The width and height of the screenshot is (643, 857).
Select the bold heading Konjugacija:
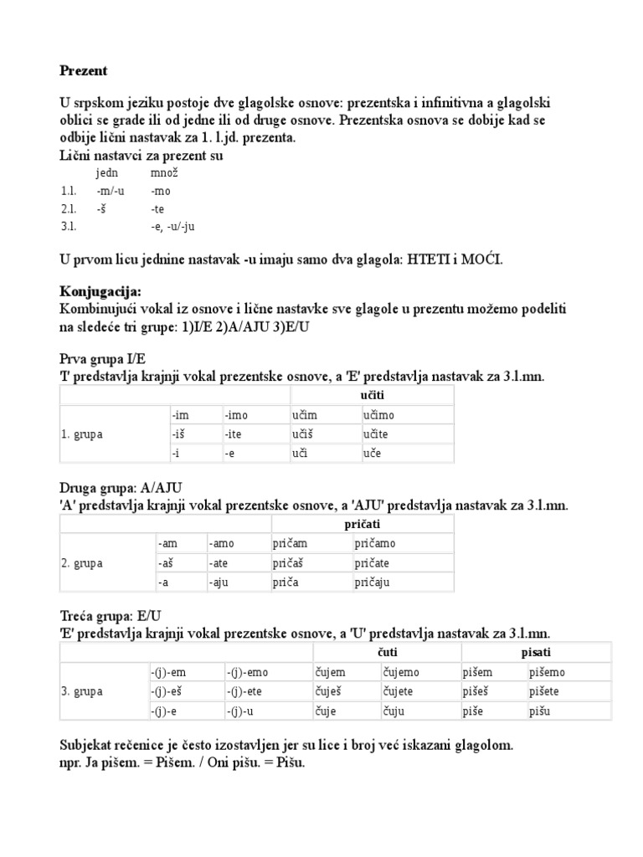click(100, 292)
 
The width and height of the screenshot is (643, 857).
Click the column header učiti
click(372, 394)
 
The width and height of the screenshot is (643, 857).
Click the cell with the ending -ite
click(238, 434)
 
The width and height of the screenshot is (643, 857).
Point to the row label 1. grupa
click(82, 434)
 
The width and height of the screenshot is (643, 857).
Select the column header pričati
click(363, 523)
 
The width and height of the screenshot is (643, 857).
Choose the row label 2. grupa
click(82, 563)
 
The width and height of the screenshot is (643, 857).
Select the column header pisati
click(538, 652)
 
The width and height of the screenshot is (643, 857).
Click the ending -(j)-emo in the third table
click(247, 671)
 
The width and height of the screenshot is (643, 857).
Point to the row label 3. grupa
click(82, 691)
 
